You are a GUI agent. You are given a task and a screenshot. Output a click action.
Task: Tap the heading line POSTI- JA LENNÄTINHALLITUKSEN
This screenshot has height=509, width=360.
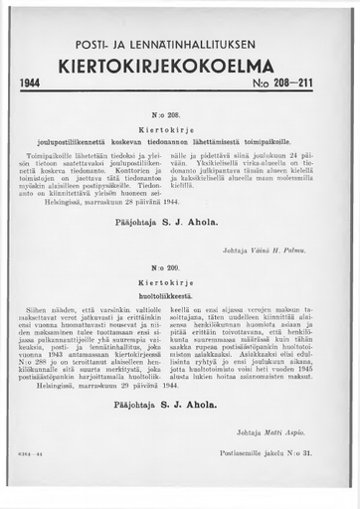coord(181,46)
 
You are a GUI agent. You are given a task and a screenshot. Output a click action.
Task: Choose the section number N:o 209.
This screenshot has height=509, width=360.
coord(179,268)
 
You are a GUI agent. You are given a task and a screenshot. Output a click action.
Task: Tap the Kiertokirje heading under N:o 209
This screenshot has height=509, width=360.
coord(179,282)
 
